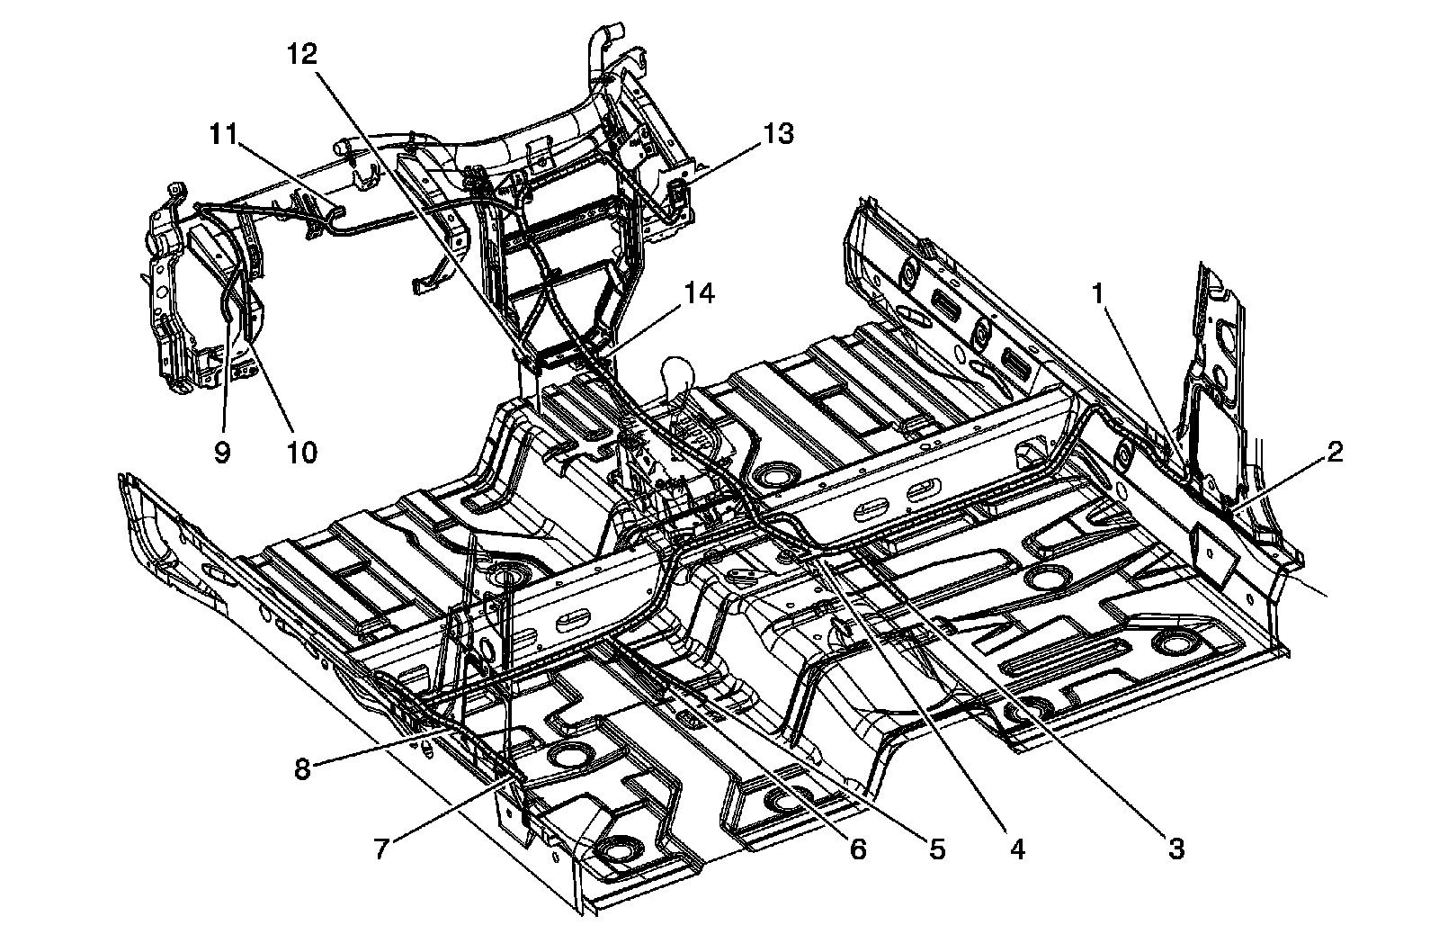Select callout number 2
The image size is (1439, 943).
(x=1334, y=453)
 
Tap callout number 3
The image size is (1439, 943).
(x=1176, y=847)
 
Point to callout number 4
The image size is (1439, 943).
(x=1017, y=847)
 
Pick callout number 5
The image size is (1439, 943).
(x=936, y=849)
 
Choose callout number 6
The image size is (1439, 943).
(x=856, y=849)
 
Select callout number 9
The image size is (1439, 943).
(x=222, y=452)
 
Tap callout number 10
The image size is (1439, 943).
(x=302, y=452)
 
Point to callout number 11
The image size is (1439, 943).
(x=222, y=134)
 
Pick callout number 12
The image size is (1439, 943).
(x=302, y=54)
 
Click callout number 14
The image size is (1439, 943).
(x=698, y=292)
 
